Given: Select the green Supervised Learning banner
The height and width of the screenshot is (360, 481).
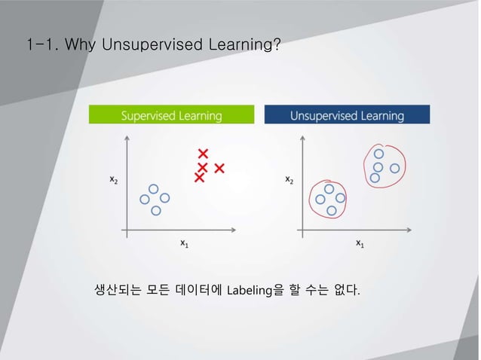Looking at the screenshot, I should coord(172,115).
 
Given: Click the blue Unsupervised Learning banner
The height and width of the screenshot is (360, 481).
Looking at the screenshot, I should coord(347,115).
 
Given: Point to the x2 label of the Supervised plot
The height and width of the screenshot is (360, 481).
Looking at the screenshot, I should coord(114,180).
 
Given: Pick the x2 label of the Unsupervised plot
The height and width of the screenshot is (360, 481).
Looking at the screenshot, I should coord(290,180).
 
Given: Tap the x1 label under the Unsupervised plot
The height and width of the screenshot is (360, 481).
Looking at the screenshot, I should coord(360,243).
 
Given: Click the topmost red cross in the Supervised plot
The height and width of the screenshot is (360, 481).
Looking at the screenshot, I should coord(203,154).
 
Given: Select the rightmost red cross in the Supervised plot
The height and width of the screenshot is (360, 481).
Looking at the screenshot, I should coord(219,167).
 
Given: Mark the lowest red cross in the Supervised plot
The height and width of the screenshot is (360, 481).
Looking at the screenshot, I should coord(199,178).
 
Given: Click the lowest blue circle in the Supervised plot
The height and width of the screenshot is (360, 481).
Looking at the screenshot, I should coord(156,211).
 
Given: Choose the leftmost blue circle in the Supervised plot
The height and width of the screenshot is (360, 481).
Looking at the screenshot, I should coord(146,200).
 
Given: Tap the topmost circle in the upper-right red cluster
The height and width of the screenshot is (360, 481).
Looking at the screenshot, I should coord(378,154).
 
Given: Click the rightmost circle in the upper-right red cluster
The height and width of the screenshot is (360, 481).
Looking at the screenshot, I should coord(394,167).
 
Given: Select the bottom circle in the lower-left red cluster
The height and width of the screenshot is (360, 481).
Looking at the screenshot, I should coord(331,211).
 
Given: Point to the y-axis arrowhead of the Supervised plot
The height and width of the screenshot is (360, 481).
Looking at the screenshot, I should coord(127,138).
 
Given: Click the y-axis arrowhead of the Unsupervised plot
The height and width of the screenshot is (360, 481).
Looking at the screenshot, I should coord(302,138).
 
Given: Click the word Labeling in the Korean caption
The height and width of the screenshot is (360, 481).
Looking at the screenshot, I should coord(249,290).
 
